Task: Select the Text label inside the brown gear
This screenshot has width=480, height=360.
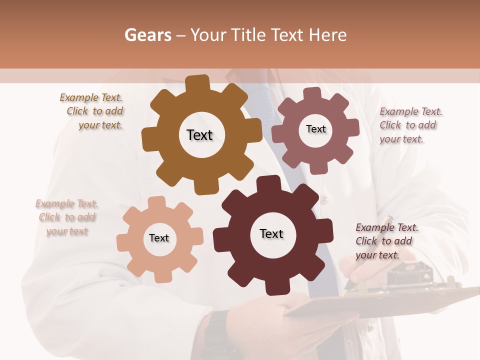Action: click(199, 135)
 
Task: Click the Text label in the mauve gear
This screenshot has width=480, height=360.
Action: click(315, 129)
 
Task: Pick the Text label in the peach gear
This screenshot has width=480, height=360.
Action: click(159, 238)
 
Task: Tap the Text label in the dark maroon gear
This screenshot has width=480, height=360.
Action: click(271, 233)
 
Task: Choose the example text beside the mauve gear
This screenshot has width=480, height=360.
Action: click(410, 125)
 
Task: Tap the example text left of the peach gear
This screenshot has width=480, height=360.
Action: click(67, 217)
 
